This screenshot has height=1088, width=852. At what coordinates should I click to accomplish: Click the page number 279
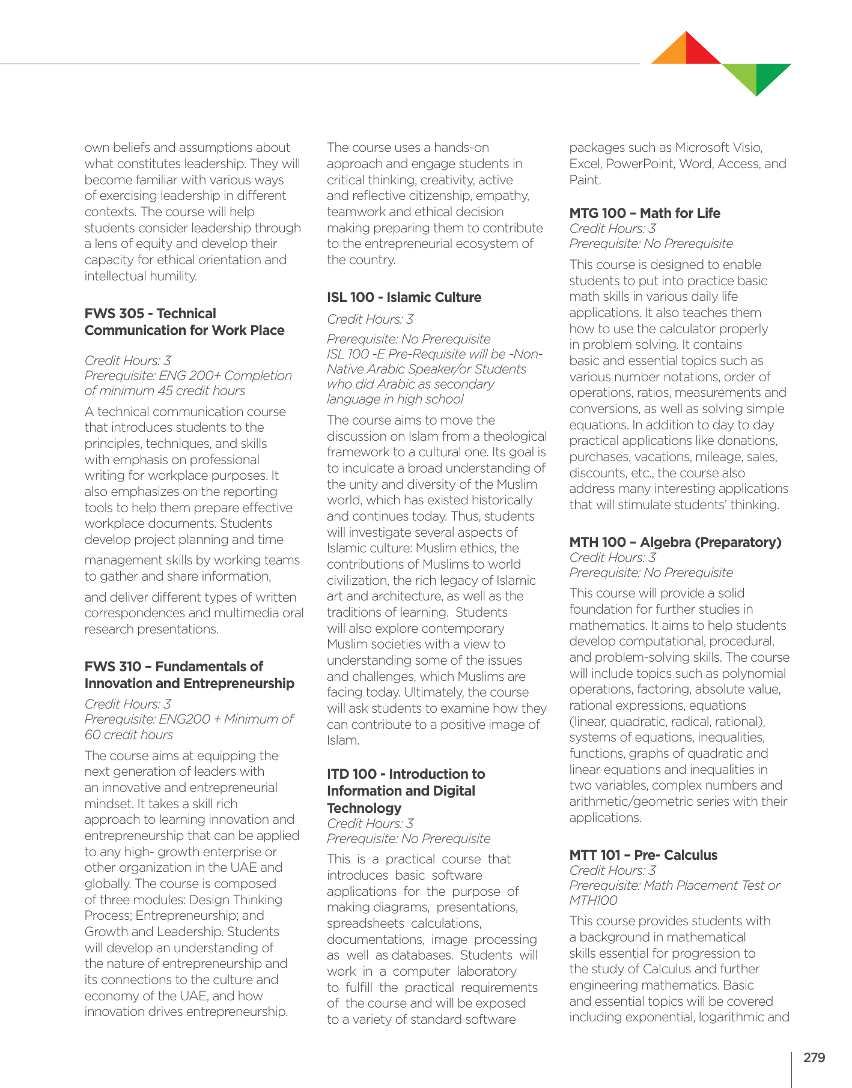coord(814,1058)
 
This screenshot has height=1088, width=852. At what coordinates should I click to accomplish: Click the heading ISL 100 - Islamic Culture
coord(404,297)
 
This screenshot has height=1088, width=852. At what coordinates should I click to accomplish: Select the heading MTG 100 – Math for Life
coord(645,213)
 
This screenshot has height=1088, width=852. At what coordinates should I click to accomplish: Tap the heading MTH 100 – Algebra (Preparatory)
coord(675,542)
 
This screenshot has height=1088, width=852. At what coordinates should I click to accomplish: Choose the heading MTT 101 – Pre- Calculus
coord(643,855)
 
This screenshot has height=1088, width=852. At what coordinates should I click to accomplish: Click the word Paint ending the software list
coord(584,180)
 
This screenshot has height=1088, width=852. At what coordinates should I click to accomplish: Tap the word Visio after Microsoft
coord(748,148)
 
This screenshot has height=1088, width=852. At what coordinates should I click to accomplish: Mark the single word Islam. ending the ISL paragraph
coord(343,740)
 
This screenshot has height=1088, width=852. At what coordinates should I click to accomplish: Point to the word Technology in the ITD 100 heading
coord(364,808)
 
